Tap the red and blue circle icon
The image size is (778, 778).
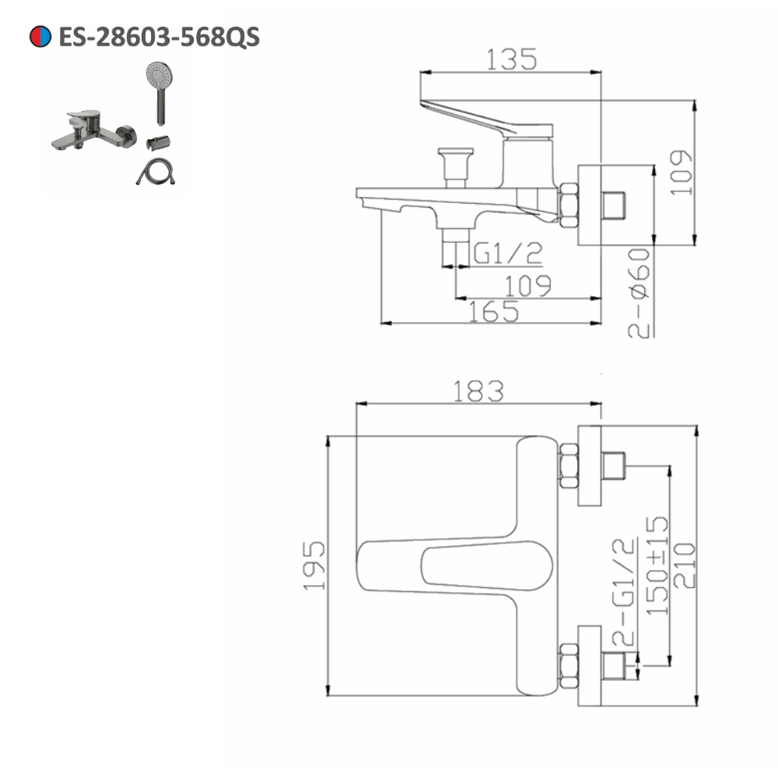(x=40, y=36)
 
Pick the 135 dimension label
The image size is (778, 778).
(x=511, y=59)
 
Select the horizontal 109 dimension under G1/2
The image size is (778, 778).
(x=527, y=286)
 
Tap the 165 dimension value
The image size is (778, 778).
(x=493, y=311)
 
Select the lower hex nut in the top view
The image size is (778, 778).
(x=569, y=666)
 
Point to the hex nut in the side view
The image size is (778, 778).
(x=569, y=205)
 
